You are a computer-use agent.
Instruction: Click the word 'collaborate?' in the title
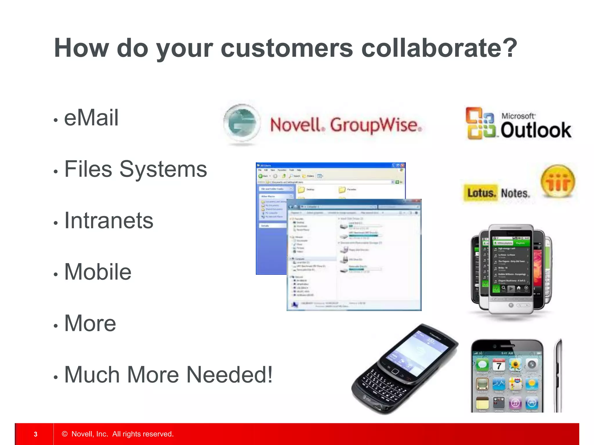point(439,48)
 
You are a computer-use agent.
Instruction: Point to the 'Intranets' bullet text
point(108,220)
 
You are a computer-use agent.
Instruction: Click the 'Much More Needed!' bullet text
point(168,375)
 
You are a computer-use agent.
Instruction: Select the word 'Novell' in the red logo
point(296,125)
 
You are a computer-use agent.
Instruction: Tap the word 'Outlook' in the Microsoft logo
point(535,130)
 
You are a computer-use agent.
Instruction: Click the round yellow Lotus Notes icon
point(558,181)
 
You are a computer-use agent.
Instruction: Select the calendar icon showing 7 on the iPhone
point(499,366)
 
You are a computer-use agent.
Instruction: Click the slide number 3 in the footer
point(35,434)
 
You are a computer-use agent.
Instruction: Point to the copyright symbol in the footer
point(65,434)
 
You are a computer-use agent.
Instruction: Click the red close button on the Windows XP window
point(402,165)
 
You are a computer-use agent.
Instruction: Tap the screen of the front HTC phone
point(511,265)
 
